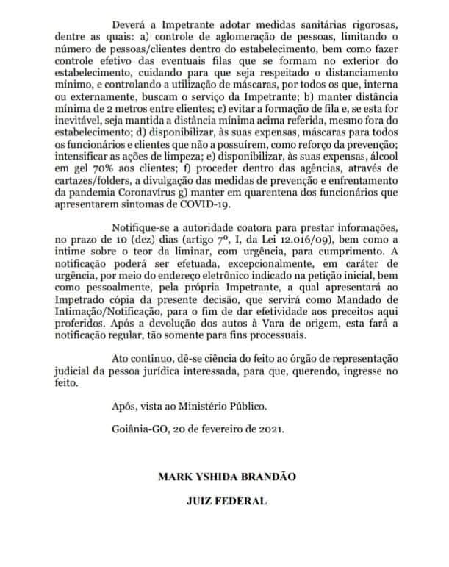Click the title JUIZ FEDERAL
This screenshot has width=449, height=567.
coord(226,504)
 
